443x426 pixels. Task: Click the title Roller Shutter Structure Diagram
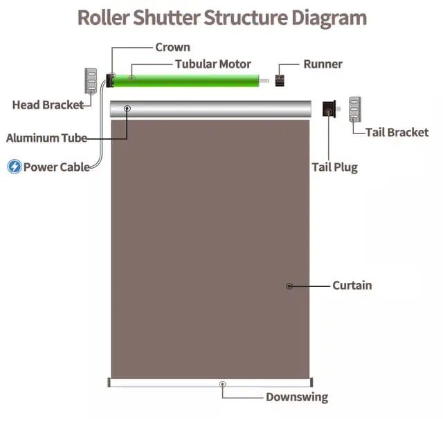(221, 17)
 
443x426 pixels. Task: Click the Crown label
(172, 48)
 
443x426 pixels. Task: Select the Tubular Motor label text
(213, 64)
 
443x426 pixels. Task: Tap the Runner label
(323, 64)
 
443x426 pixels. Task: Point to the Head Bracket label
(48, 105)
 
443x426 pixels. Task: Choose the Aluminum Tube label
(46, 138)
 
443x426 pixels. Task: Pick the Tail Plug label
(334, 167)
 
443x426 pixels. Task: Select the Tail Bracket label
(397, 132)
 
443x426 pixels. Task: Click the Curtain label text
(352, 285)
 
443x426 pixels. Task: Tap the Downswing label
(297, 397)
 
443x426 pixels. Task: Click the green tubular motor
(187, 81)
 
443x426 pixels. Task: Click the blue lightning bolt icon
(14, 167)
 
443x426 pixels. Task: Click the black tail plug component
(329, 109)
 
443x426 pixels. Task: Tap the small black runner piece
(280, 80)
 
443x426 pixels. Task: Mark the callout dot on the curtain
(289, 286)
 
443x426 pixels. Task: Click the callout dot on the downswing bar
(222, 383)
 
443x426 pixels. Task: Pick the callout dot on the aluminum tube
(127, 109)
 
